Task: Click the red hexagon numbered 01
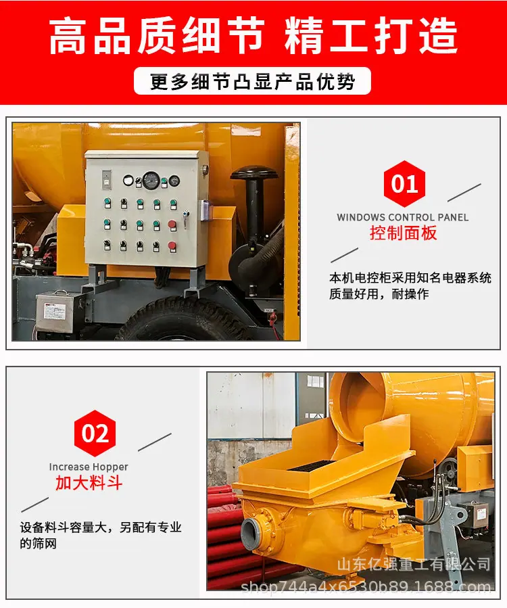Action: point(404,183)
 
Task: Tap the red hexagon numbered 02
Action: point(95,433)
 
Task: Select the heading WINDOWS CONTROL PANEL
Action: point(403,217)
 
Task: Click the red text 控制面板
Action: point(403,233)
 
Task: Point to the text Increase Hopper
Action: point(89,467)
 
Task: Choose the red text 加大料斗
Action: point(89,483)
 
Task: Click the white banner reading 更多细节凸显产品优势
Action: point(252,81)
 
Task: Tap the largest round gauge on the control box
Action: point(151,181)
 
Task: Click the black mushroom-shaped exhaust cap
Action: point(255,172)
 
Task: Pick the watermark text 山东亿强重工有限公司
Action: point(414,564)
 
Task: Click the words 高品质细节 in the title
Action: point(157,36)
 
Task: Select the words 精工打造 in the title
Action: point(371,36)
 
